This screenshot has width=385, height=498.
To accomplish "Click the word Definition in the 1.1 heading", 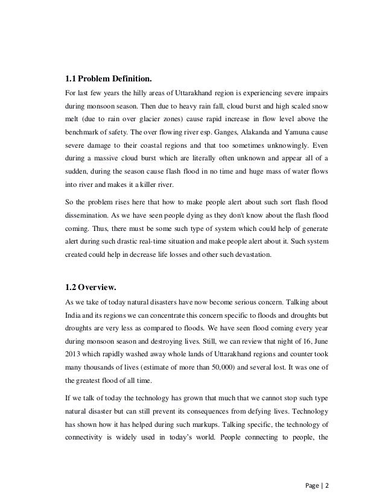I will (126, 78).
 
